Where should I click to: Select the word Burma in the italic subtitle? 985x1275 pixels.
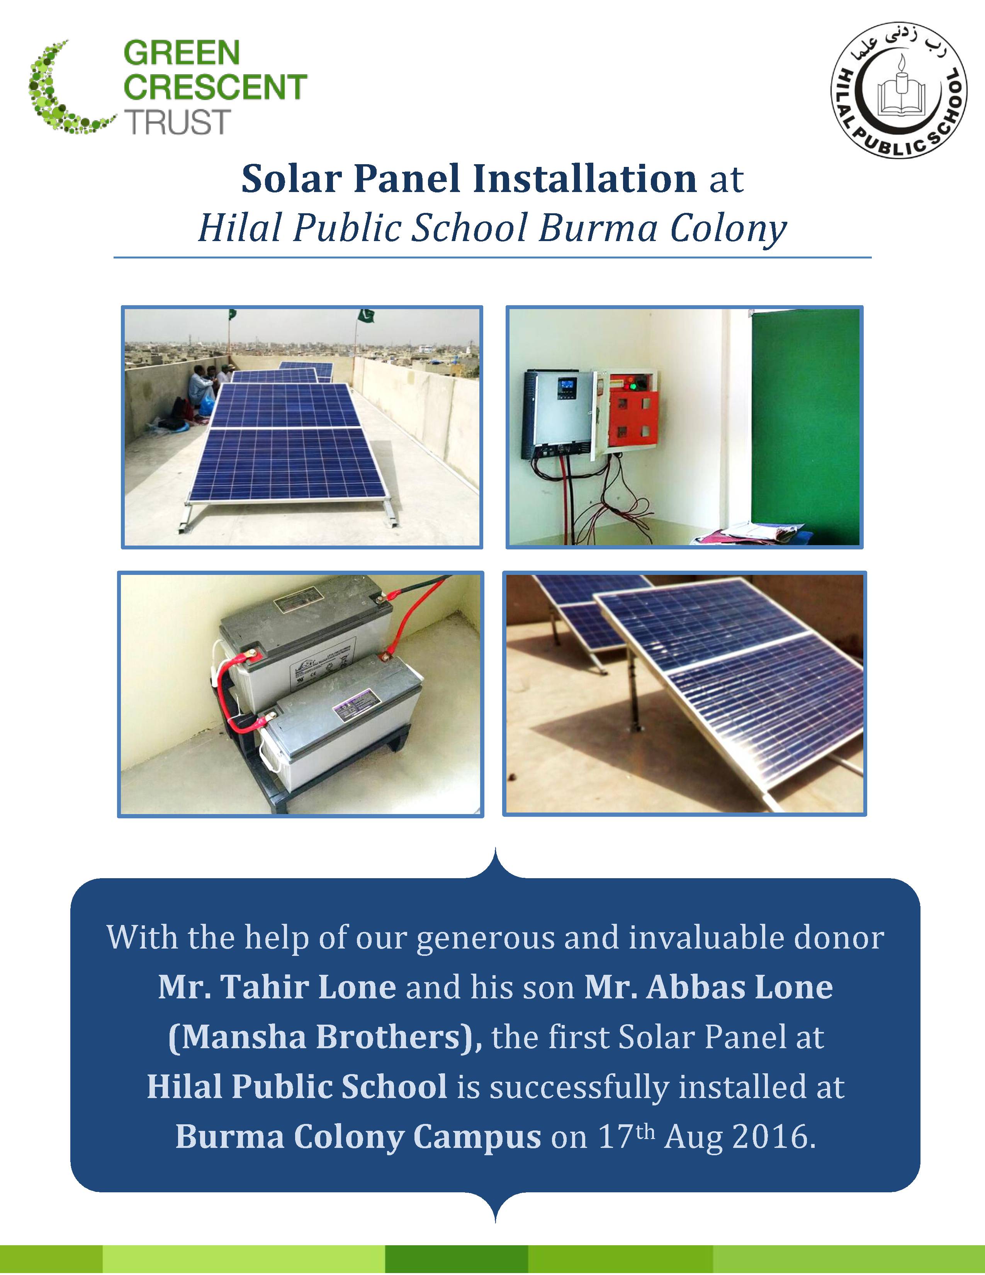[598, 228]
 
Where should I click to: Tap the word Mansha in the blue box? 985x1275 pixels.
[237, 1037]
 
